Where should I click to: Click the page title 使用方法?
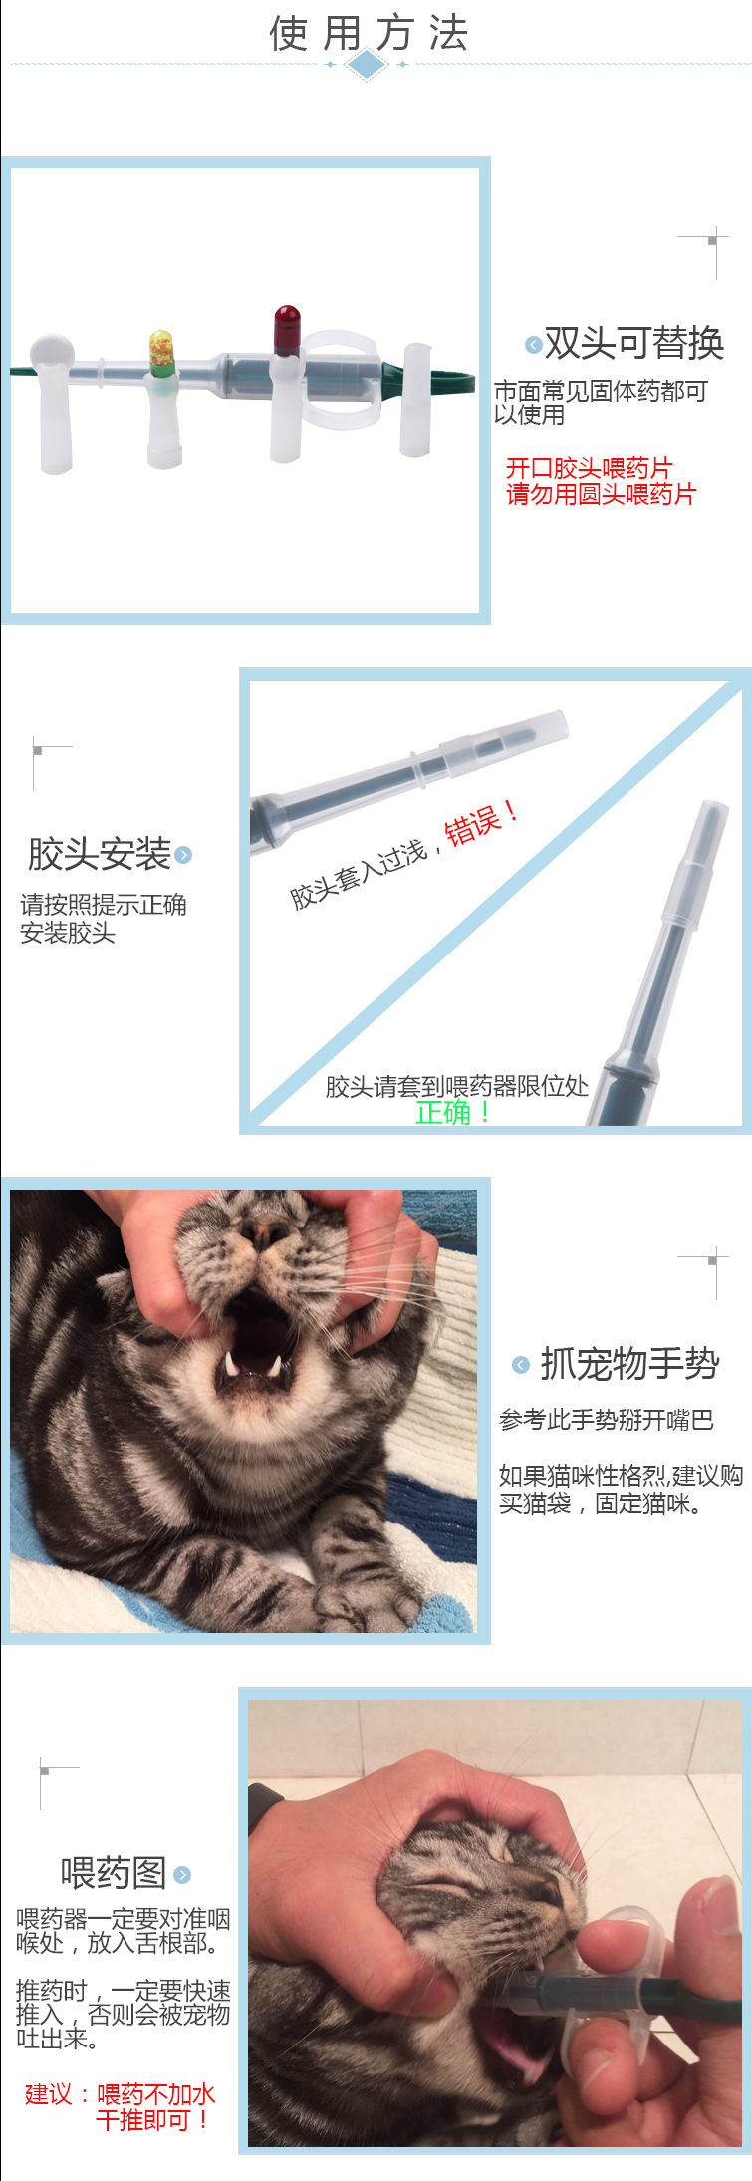click(369, 33)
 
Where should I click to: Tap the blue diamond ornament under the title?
click(368, 65)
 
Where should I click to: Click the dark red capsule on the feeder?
click(287, 329)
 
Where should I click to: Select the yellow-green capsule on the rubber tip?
click(162, 353)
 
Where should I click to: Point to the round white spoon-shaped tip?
click(51, 352)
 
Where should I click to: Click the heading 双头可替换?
click(633, 343)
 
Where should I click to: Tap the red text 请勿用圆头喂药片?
click(601, 494)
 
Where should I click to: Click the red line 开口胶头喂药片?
click(589, 468)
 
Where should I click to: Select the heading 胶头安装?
click(99, 854)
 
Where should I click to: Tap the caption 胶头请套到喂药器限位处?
click(456, 1086)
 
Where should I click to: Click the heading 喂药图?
click(114, 1873)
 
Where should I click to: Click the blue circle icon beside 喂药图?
click(182, 1875)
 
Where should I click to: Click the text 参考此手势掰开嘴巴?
click(606, 1420)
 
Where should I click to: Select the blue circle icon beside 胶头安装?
click(183, 855)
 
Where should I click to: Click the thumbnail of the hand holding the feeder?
click(494, 1921)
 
